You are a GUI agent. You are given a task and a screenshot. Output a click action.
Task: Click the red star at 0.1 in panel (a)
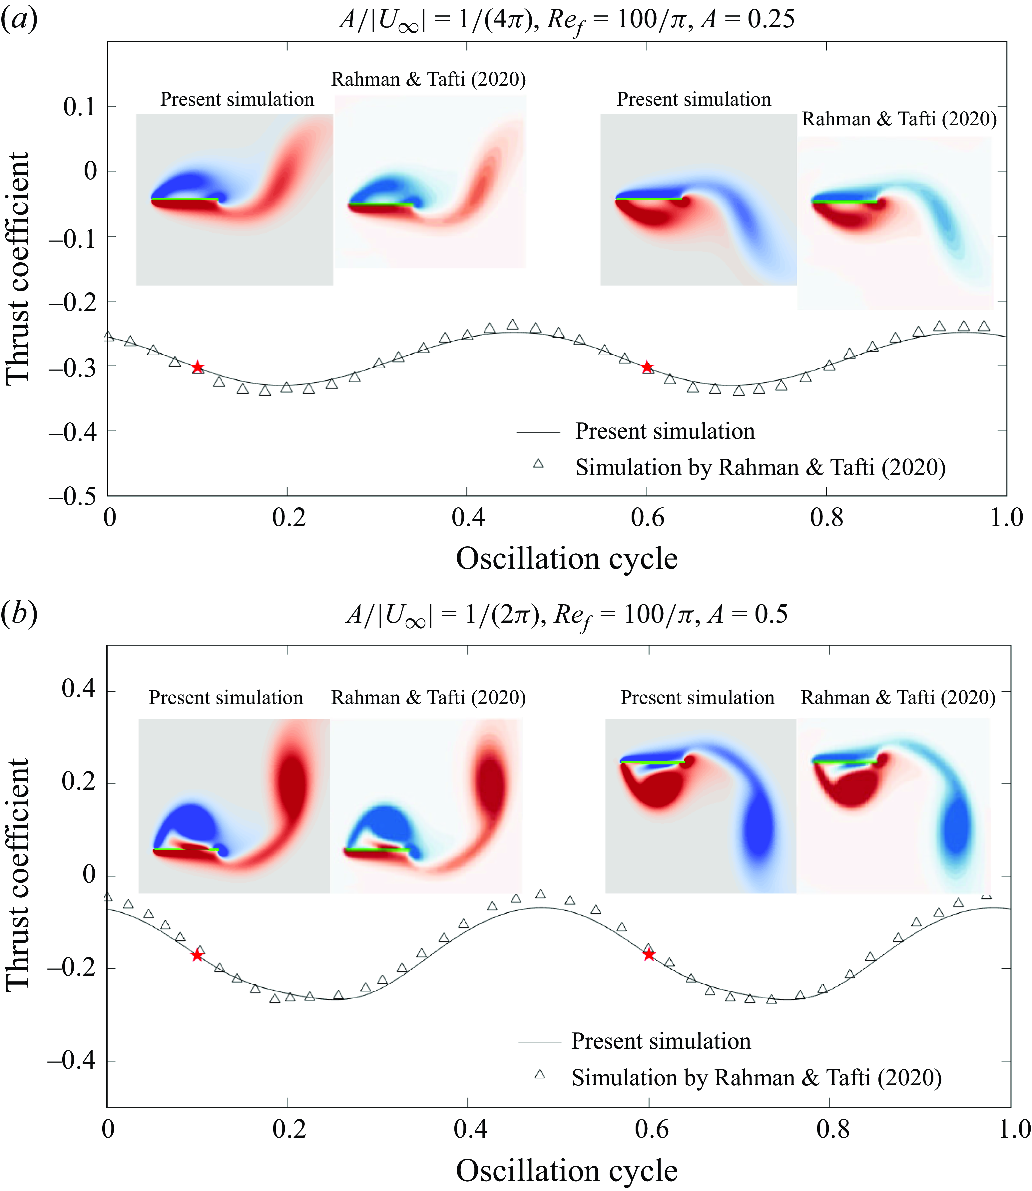point(198,367)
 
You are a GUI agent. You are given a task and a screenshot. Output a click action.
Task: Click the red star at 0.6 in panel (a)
point(647,367)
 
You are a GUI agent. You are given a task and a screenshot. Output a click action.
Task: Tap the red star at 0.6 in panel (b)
point(649,954)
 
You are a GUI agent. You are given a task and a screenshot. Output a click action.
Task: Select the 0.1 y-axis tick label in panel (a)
point(80,107)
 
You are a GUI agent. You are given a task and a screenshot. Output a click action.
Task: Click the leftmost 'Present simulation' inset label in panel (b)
point(226,698)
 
